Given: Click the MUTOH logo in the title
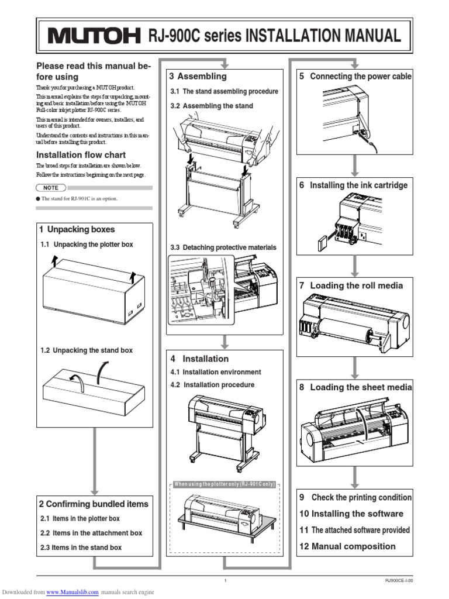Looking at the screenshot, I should (x=94, y=37).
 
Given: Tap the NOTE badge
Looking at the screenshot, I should (x=50, y=188).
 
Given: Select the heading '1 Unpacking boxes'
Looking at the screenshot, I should (x=77, y=229).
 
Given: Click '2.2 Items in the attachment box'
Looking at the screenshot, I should (x=91, y=533).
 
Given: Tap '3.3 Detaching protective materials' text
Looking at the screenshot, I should (x=223, y=247).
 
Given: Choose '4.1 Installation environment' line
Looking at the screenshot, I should (x=216, y=372).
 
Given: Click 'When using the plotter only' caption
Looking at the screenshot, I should (x=224, y=485).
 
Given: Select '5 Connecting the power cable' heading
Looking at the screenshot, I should (x=355, y=76).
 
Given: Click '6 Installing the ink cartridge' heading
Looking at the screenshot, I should (x=353, y=185).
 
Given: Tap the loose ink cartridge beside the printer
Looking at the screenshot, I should (x=321, y=242).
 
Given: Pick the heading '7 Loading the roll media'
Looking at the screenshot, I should (x=351, y=285).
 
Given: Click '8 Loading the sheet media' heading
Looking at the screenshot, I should (x=355, y=387).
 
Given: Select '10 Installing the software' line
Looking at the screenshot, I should (x=351, y=514).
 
